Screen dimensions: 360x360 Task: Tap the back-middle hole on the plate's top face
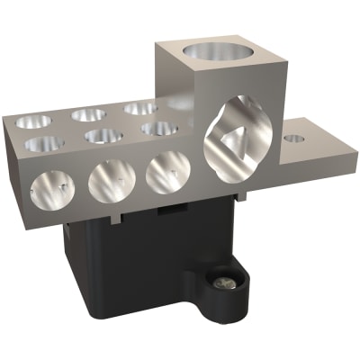pyautogui.click(x=89, y=113)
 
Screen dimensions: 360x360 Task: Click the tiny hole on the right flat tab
pyautogui.click(x=292, y=139)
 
